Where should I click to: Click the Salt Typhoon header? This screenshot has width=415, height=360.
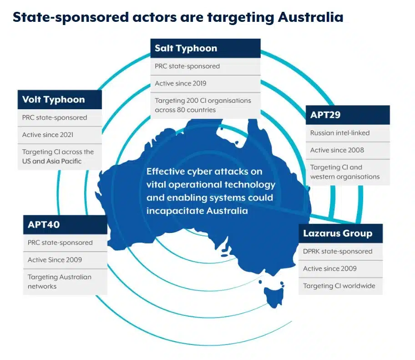coord(186,48)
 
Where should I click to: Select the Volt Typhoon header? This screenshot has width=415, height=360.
coord(53,100)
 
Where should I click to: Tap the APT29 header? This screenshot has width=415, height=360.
coord(325,115)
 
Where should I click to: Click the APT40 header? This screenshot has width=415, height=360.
coord(44,224)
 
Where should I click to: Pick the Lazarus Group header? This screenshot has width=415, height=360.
coord(338,233)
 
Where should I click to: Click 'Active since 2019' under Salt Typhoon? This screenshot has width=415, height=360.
coord(180,83)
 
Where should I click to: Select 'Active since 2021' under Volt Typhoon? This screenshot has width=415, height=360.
coord(48,135)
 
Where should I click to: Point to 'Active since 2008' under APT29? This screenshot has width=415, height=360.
coord(337,150)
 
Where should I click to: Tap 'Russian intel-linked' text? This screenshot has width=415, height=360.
coord(339,133)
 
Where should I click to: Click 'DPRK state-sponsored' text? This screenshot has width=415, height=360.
coord(338,251)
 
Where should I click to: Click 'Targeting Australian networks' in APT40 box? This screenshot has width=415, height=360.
coord(59,282)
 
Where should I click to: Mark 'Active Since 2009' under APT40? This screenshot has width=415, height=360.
coord(55,260)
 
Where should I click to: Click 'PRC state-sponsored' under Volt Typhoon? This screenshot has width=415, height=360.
coord(54,117)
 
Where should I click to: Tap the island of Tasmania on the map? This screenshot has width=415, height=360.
coord(273,294)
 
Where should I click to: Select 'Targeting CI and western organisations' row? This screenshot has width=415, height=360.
coord(344,172)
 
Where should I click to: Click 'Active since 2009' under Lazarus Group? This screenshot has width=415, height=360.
coord(330,269)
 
